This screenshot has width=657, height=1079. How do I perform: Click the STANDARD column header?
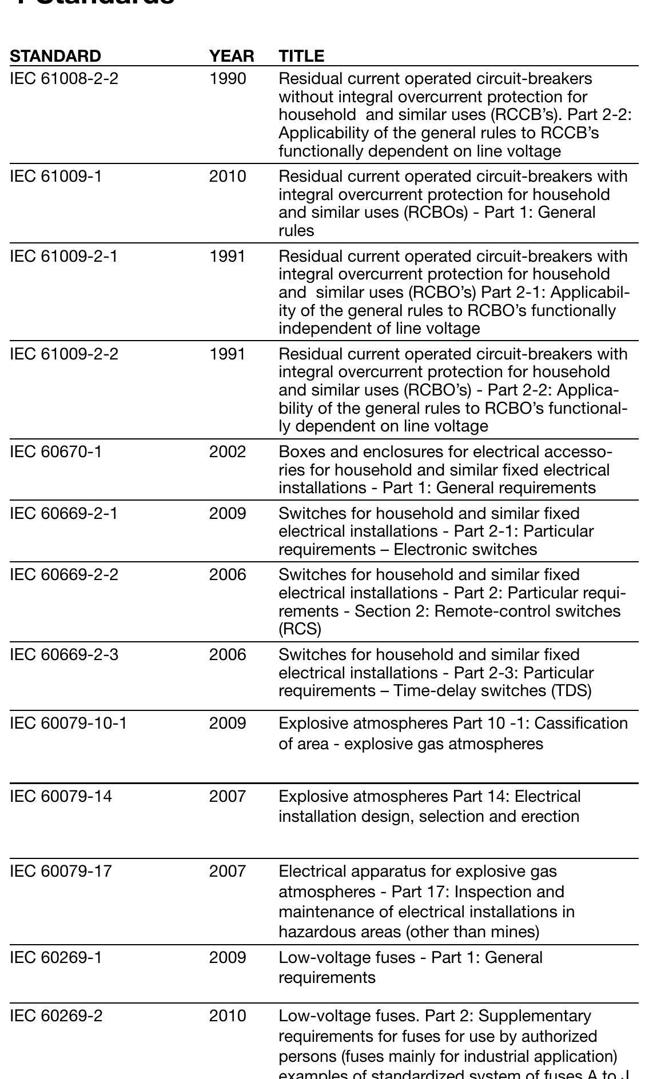tap(55, 56)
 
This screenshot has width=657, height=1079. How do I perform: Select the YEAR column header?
tap(231, 56)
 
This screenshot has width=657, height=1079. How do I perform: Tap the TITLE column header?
tap(301, 56)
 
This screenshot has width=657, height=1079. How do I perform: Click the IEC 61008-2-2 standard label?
tap(64, 78)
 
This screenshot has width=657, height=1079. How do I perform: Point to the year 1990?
tap(228, 78)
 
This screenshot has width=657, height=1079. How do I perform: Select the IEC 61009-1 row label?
tap(56, 176)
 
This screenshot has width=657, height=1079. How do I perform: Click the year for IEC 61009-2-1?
tap(228, 256)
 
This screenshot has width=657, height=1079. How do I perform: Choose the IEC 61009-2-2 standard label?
tap(64, 354)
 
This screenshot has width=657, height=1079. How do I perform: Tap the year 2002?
tap(228, 451)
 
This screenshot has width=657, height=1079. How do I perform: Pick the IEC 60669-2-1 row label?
tap(64, 513)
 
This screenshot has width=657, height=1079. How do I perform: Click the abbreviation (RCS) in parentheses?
tap(300, 629)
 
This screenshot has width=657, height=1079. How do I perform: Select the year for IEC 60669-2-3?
tap(228, 654)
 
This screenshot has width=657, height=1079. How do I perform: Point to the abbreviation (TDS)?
tap(571, 690)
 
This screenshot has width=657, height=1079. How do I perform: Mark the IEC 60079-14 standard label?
tap(61, 796)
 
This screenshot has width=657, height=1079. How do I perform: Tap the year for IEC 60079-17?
tap(228, 871)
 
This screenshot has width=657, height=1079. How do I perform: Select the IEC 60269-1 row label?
tap(56, 957)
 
